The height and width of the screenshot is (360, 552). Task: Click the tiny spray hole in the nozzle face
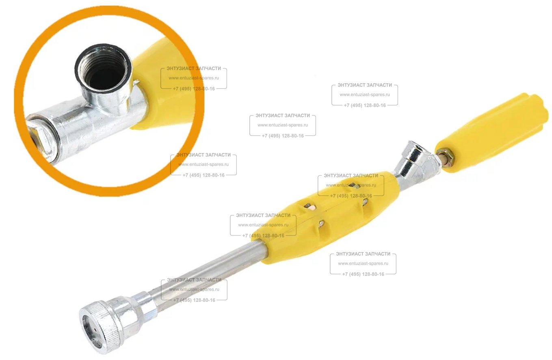(95, 328)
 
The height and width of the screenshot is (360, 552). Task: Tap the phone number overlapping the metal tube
(194, 300)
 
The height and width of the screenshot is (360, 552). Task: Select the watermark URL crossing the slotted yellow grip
(351, 185)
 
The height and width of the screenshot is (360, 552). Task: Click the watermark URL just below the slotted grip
(363, 263)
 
